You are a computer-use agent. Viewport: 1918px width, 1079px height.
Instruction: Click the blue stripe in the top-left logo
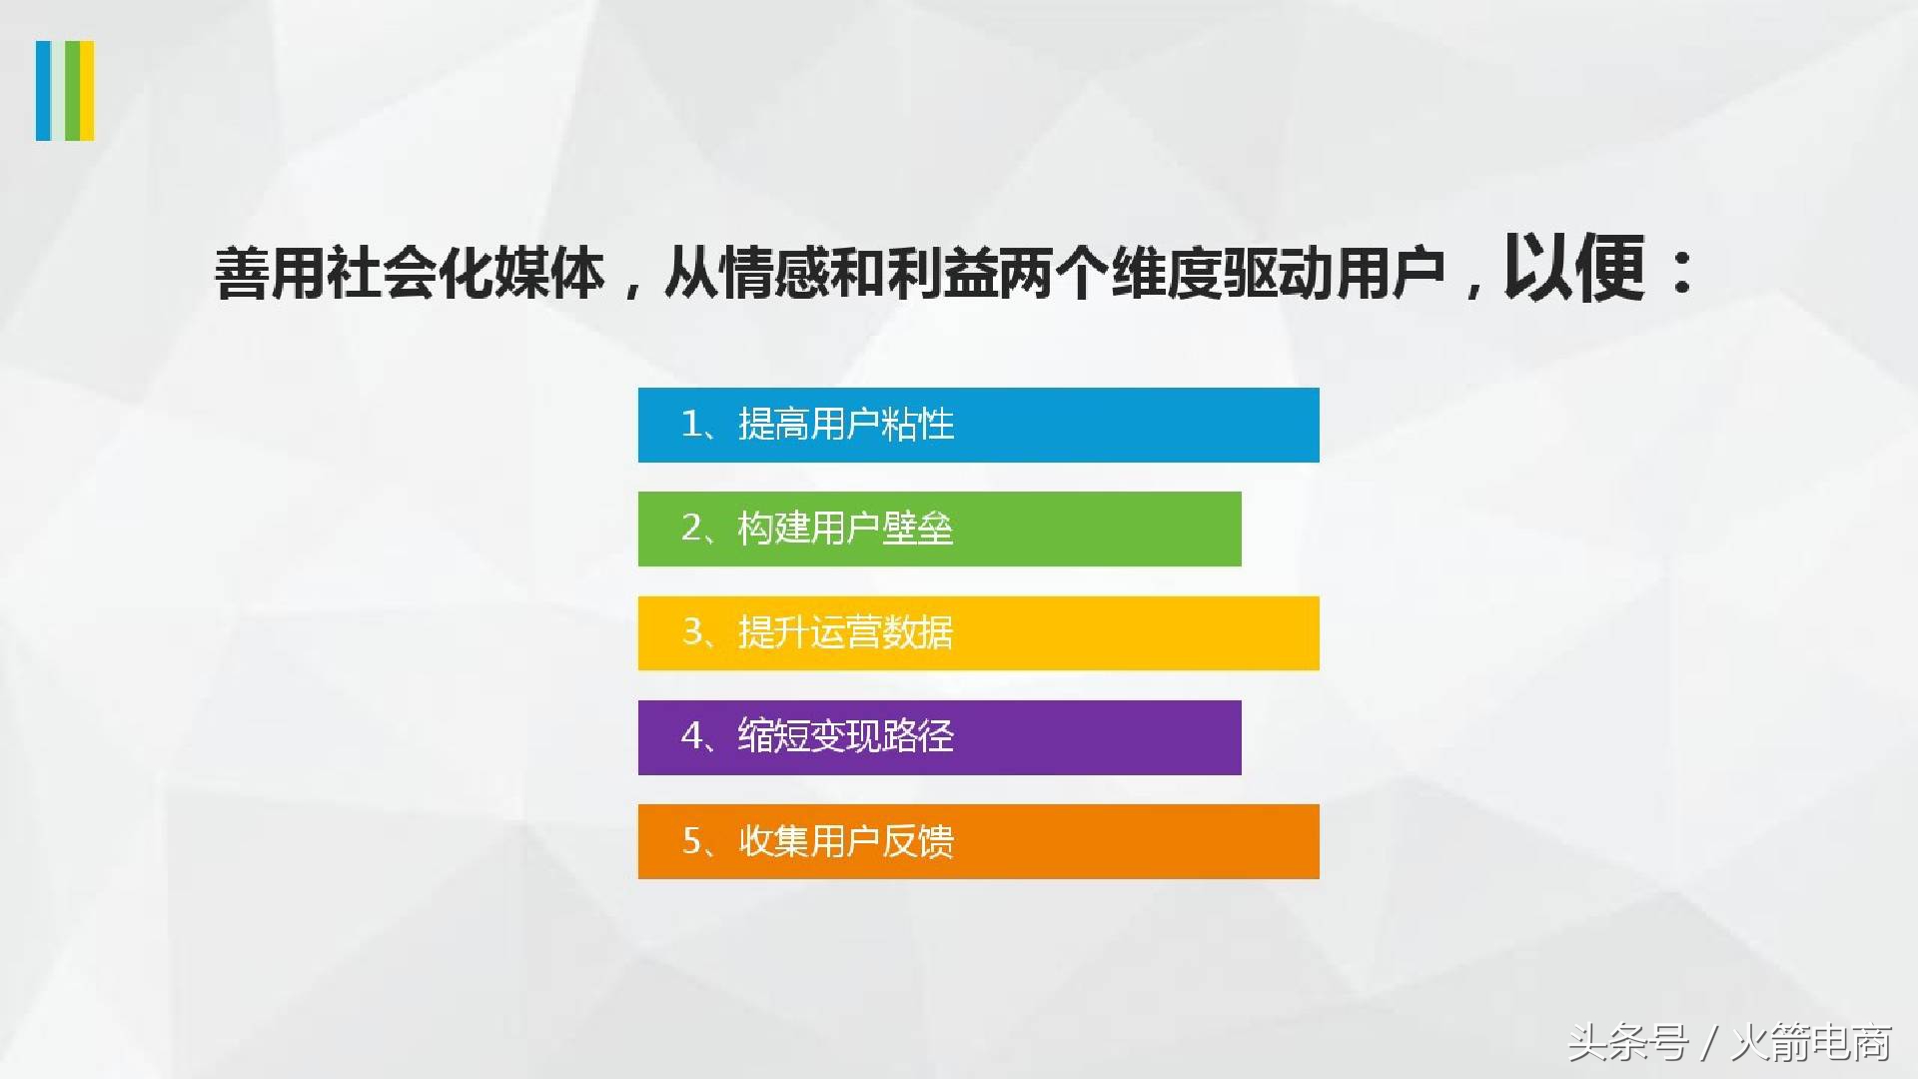pyautogui.click(x=43, y=90)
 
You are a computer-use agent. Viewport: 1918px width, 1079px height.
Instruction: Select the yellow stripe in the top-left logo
pyautogui.click(x=87, y=90)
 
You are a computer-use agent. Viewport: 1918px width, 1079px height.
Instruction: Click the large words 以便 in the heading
pyautogui.click(x=1573, y=268)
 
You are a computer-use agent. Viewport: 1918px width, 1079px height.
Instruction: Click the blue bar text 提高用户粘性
pyautogui.click(x=846, y=425)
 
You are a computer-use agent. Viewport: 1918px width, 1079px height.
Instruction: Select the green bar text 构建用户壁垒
pyautogui.click(x=846, y=529)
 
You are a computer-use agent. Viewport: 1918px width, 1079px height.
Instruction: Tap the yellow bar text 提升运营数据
pyautogui.click(x=846, y=632)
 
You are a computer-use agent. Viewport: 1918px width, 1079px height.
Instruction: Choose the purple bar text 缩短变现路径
pyautogui.click(x=846, y=736)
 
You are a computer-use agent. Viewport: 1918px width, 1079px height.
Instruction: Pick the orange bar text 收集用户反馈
pyautogui.click(x=846, y=841)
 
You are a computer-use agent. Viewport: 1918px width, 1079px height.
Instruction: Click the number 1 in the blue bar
pyautogui.click(x=691, y=425)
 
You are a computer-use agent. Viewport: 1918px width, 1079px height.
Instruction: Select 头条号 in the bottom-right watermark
pyautogui.click(x=1627, y=1043)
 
